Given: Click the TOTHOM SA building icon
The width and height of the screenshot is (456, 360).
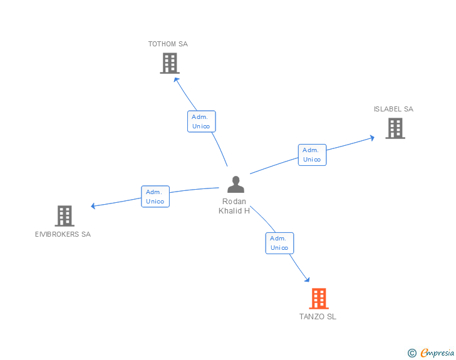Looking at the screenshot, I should pyautogui.click(x=170, y=63).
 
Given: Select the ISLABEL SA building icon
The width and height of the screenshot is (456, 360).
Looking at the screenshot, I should pyautogui.click(x=395, y=128).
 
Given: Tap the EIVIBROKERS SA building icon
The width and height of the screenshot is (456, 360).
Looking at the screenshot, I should pyautogui.click(x=65, y=216).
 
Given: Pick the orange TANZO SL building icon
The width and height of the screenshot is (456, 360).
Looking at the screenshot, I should pyautogui.click(x=319, y=299).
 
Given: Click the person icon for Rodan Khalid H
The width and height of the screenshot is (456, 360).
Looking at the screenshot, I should pyautogui.click(x=236, y=185).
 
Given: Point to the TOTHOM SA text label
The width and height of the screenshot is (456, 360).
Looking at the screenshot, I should pyautogui.click(x=168, y=44).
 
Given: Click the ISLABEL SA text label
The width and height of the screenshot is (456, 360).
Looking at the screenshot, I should pyautogui.click(x=393, y=109).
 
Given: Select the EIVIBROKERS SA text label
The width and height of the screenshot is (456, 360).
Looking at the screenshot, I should pyautogui.click(x=63, y=234).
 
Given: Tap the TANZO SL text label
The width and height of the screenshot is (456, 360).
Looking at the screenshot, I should pyautogui.click(x=318, y=317).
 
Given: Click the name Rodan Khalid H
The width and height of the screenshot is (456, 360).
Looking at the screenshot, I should pyautogui.click(x=234, y=206).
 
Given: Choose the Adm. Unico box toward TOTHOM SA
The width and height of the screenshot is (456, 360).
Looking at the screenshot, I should pyautogui.click(x=201, y=121).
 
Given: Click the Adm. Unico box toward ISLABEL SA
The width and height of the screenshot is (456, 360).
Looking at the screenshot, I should pyautogui.click(x=312, y=155).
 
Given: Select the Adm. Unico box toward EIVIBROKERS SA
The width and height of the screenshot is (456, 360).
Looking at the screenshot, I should pyautogui.click(x=155, y=197).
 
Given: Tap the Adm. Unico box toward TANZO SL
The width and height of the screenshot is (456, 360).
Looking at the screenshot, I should pyautogui.click(x=279, y=243).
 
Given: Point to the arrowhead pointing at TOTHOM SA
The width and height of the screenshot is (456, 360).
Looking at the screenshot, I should pyautogui.click(x=176, y=79).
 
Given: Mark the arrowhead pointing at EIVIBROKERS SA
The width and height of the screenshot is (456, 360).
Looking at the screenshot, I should pyautogui.click(x=93, y=206).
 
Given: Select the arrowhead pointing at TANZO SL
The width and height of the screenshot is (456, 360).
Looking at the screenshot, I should pyautogui.click(x=307, y=279).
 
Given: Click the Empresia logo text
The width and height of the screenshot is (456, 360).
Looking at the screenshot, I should pyautogui.click(x=437, y=353).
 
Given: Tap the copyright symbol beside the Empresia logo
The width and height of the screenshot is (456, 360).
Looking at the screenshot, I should pyautogui.click(x=412, y=353).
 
